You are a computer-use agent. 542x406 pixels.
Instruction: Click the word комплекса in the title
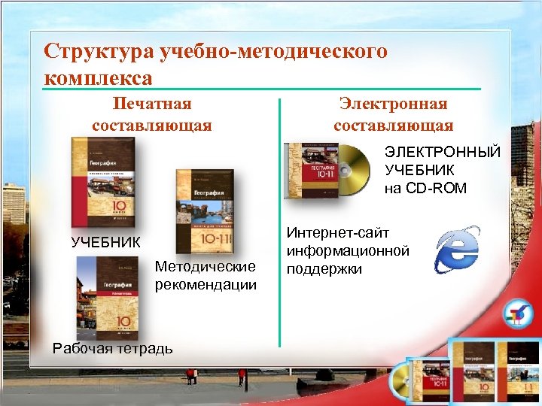click(x=99, y=77)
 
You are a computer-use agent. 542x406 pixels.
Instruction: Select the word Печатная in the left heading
click(x=153, y=103)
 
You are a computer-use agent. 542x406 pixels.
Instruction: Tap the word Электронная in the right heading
click(x=393, y=103)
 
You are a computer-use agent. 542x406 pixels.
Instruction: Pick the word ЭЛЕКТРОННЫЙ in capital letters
click(x=443, y=153)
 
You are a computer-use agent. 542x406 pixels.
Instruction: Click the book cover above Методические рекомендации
click(x=205, y=211)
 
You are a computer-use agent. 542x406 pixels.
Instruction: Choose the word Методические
click(x=206, y=268)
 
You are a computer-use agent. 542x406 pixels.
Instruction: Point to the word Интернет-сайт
click(x=338, y=234)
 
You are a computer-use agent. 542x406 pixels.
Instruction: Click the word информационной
click(x=347, y=250)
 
